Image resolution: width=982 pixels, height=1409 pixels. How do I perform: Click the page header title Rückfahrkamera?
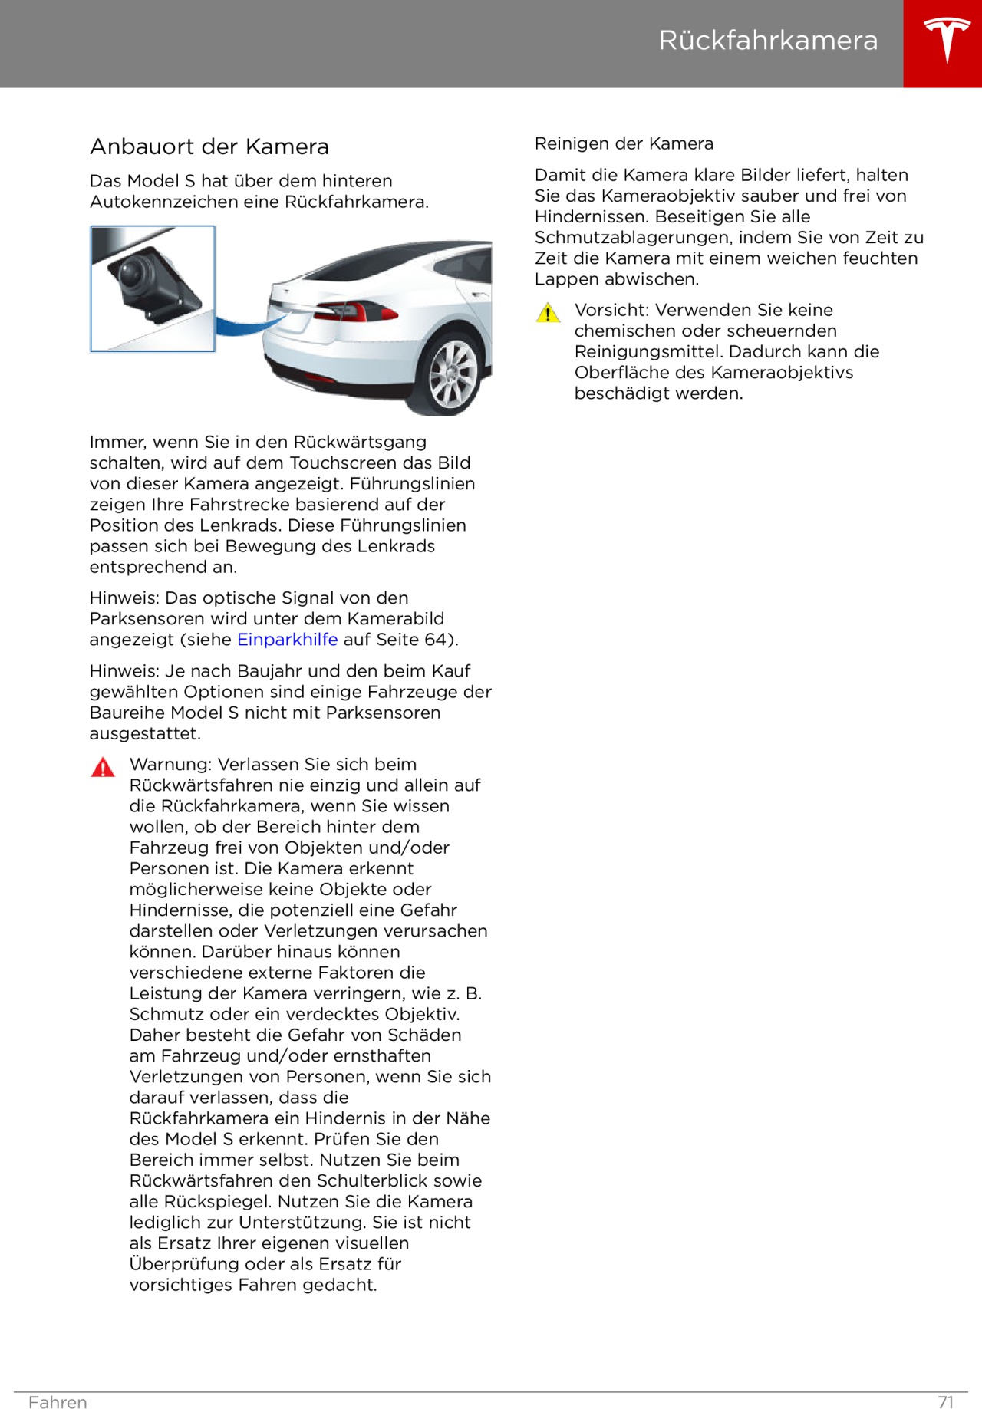[x=768, y=40]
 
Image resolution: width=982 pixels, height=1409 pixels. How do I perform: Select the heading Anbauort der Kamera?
[x=209, y=146]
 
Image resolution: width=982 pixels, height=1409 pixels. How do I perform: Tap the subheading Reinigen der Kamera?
[x=624, y=143]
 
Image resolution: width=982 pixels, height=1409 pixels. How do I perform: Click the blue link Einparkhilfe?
[x=287, y=639]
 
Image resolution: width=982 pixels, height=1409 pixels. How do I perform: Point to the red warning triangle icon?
[x=103, y=767]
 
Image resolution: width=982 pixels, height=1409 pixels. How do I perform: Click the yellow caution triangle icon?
[x=548, y=313]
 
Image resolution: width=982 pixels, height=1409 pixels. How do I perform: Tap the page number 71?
[x=946, y=1402]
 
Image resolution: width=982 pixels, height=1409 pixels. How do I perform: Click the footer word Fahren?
[x=58, y=1402]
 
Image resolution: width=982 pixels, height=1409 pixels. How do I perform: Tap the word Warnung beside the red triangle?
[x=173, y=764]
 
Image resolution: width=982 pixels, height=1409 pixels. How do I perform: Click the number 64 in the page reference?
[x=435, y=639]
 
